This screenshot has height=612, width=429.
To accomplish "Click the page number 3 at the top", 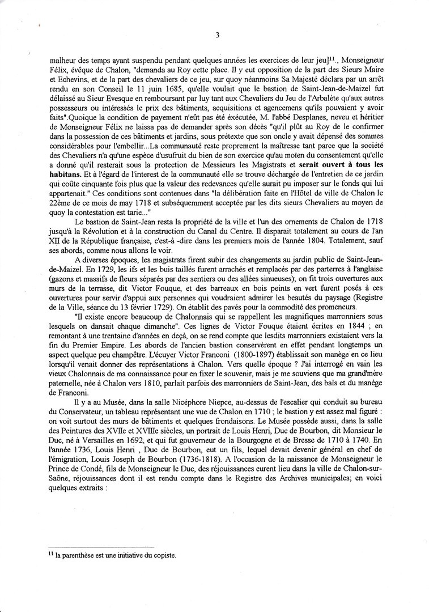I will tap(217, 35).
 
